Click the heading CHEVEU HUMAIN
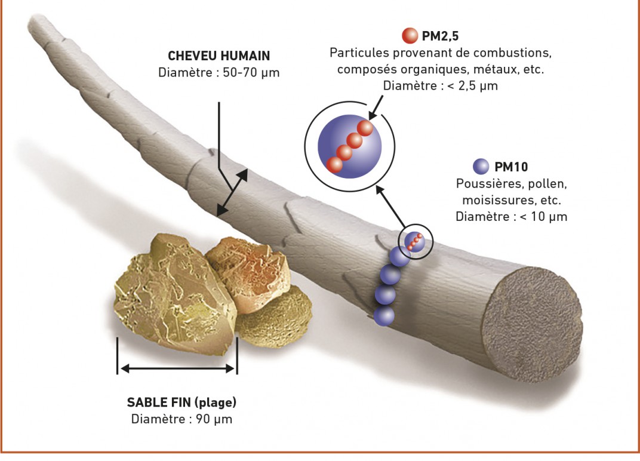(219, 56)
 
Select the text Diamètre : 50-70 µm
(219, 73)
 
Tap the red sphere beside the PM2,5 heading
(410, 35)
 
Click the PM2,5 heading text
(440, 36)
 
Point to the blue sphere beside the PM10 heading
(481, 167)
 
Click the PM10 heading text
(511, 167)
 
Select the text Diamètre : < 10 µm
(512, 216)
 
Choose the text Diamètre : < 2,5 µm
(441, 86)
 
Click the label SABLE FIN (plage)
(181, 402)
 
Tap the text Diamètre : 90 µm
(181, 419)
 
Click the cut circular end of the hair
(533, 324)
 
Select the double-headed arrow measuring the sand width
(177, 368)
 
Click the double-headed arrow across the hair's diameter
(232, 192)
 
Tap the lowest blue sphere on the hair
(384, 315)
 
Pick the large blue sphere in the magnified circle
(349, 146)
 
